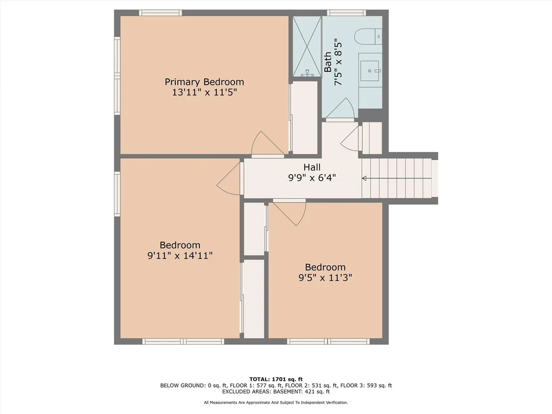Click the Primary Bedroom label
[204, 82]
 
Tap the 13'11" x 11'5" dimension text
[204, 93]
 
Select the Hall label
[312, 167]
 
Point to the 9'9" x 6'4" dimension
[312, 177]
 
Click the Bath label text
[328, 62]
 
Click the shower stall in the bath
[307, 46]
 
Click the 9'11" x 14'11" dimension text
[180, 255]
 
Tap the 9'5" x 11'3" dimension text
[325, 277]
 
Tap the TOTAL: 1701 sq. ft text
[276, 379]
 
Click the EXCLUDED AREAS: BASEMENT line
[276, 392]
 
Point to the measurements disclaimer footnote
[276, 403]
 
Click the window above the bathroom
[346, 13]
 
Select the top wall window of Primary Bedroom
[160, 13]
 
